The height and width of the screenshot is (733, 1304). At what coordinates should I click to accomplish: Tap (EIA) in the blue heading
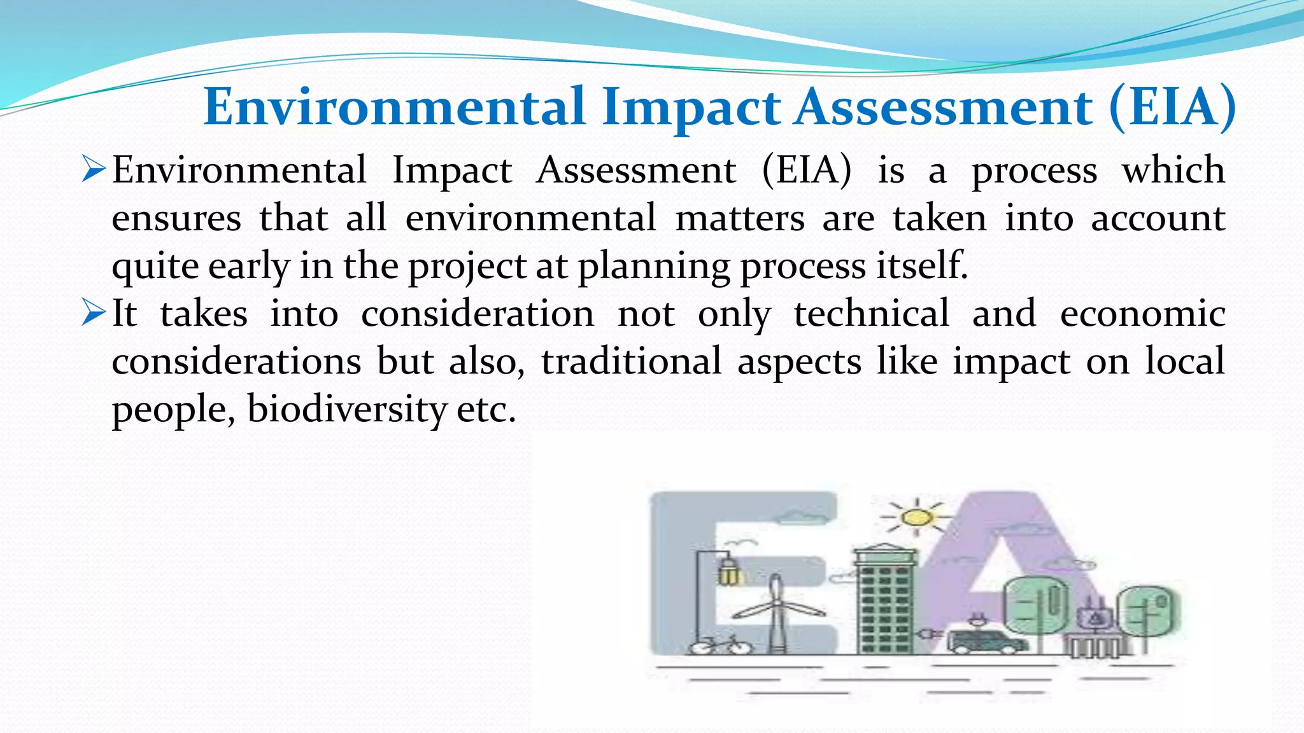[x=1172, y=107]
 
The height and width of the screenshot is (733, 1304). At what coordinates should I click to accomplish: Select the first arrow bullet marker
[x=94, y=170]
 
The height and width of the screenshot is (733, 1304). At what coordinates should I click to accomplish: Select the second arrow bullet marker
[x=94, y=313]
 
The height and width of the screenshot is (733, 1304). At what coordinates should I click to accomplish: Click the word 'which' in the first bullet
[x=1173, y=170]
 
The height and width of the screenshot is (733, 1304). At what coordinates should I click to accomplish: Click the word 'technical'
[x=871, y=313]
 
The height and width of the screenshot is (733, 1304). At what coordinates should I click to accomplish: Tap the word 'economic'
[x=1142, y=314]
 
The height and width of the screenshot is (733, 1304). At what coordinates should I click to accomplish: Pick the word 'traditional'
[x=631, y=361]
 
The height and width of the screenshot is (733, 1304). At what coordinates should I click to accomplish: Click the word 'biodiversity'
[x=347, y=409]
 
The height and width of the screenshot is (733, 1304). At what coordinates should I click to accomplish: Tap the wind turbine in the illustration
[x=776, y=611]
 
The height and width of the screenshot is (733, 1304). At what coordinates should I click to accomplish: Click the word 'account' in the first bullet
[x=1158, y=218]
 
